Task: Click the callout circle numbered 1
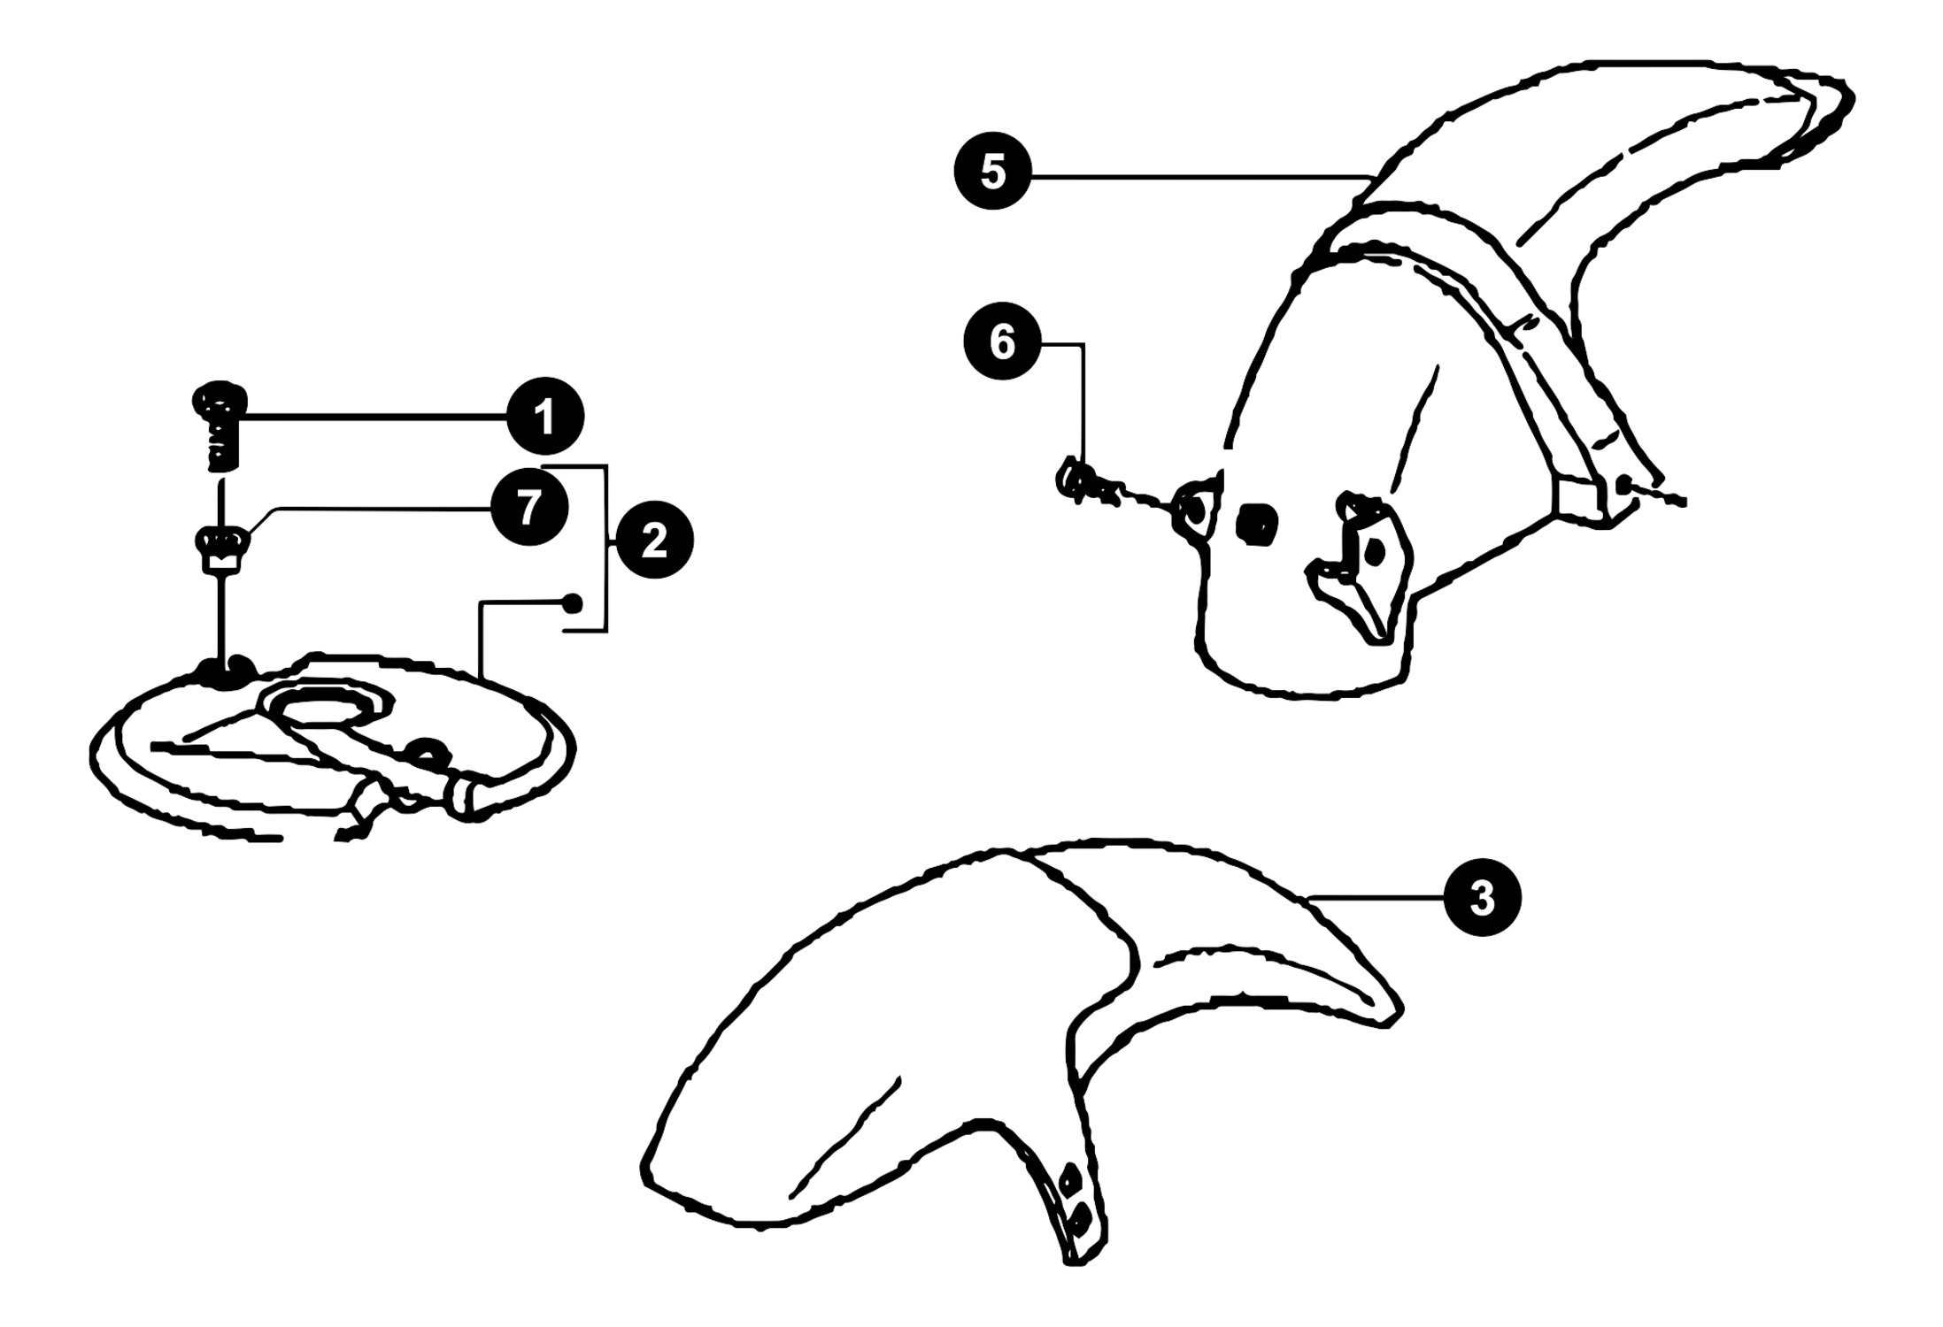click(x=545, y=417)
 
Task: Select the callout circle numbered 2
click(x=654, y=541)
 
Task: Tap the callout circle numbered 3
click(x=1482, y=899)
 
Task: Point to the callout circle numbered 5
click(x=993, y=173)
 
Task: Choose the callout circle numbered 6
click(x=1002, y=342)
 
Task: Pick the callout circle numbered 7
click(x=529, y=509)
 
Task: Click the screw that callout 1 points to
click(x=217, y=426)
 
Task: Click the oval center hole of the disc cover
click(x=329, y=705)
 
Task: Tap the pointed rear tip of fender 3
click(x=1397, y=1015)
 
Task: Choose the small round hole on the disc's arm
click(x=428, y=749)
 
